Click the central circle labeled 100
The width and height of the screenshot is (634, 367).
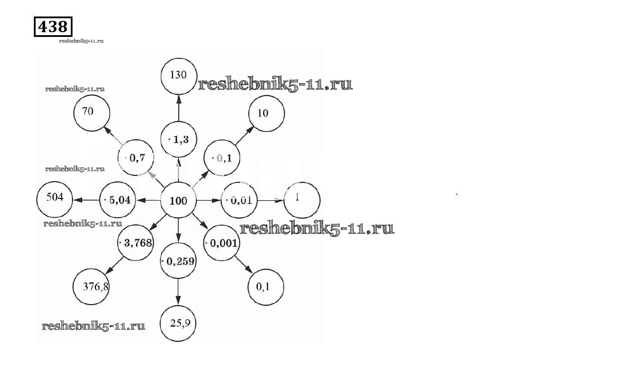(x=178, y=201)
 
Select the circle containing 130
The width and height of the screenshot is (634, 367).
(x=178, y=76)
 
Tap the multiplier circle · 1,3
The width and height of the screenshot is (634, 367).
(x=178, y=139)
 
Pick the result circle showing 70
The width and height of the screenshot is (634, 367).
(x=92, y=112)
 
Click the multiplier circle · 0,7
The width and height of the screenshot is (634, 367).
(x=136, y=158)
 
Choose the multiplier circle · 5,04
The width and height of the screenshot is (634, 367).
(x=117, y=200)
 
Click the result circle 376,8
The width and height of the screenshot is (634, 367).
(x=91, y=287)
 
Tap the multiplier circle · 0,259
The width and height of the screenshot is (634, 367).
(x=178, y=261)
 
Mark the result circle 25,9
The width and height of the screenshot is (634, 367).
(x=178, y=324)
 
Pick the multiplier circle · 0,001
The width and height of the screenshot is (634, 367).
(x=221, y=243)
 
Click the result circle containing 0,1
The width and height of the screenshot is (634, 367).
(x=265, y=287)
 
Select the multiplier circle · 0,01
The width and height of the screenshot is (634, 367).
(x=239, y=200)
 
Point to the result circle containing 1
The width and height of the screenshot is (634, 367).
(x=302, y=200)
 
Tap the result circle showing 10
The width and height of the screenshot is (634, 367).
(x=266, y=113)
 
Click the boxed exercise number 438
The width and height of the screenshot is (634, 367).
(x=53, y=27)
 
